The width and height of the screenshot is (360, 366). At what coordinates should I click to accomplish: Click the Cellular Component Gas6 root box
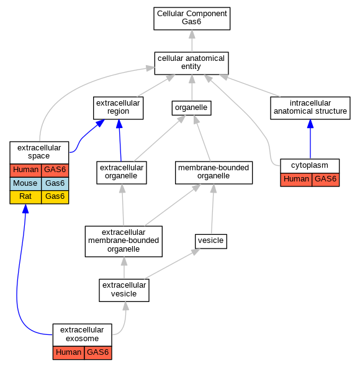coord(192,19)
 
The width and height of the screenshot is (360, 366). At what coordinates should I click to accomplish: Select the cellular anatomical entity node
coord(191,63)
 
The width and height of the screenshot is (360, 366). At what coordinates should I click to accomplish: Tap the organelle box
coord(191,108)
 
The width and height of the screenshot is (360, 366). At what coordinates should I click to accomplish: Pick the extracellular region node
coord(118,108)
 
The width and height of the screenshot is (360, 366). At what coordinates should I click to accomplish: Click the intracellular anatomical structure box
coord(310,108)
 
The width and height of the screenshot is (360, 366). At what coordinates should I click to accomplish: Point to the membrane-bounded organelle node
coord(214,173)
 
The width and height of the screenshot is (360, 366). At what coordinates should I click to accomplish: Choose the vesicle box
coord(211,241)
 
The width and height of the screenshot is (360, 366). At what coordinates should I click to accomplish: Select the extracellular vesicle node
coord(124,290)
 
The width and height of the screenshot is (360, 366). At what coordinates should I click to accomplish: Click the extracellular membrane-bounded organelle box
coord(124,241)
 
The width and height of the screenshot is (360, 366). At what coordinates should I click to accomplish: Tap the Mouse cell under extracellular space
coord(25,184)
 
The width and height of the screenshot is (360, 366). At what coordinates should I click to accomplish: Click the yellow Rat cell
coord(25,197)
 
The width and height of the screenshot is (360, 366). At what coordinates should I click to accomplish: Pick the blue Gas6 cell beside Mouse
coord(55,184)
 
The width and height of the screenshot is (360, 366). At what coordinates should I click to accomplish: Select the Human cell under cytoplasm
coord(296,180)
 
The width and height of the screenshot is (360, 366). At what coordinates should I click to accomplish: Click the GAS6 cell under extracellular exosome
coord(98,353)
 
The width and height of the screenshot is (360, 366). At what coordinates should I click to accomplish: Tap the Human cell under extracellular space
coord(25,170)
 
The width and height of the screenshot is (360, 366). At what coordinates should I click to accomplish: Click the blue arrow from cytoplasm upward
coord(310,139)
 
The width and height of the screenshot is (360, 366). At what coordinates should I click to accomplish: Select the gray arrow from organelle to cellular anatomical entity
coord(192,88)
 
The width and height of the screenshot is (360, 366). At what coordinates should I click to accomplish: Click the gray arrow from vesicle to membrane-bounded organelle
coord(212,209)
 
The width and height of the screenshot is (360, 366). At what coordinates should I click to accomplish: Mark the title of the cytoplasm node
coord(310,165)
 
